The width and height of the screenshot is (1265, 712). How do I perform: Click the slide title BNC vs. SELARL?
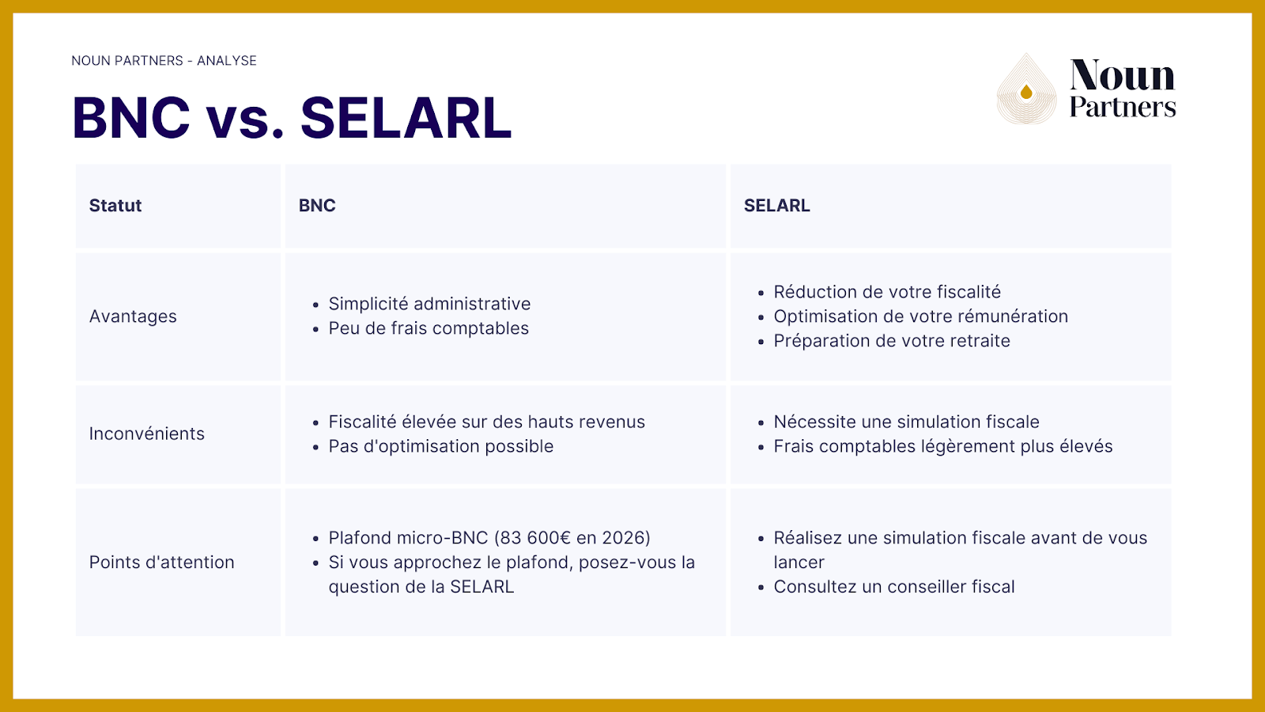pyautogui.click(x=292, y=118)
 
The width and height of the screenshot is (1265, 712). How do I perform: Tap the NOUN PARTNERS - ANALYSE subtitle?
pyautogui.click(x=164, y=61)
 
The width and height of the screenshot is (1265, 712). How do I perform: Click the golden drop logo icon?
pyautogui.click(x=1026, y=91)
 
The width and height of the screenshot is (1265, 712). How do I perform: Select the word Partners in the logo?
pyautogui.click(x=1123, y=108)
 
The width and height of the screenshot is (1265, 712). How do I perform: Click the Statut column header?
pyautogui.click(x=115, y=206)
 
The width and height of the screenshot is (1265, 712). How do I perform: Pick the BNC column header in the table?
pyautogui.click(x=317, y=206)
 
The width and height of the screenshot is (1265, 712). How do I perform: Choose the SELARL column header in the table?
pyautogui.click(x=776, y=206)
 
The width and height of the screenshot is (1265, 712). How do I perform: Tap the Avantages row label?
pyautogui.click(x=133, y=316)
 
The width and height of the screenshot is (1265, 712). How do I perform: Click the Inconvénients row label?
pyautogui.click(x=146, y=434)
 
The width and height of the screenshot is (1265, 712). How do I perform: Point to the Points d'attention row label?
pyautogui.click(x=161, y=562)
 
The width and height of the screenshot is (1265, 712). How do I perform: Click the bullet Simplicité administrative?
pyautogui.click(x=429, y=304)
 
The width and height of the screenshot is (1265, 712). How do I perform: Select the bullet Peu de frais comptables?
pyautogui.click(x=429, y=328)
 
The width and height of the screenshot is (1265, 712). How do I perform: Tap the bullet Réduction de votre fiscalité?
pyautogui.click(x=887, y=292)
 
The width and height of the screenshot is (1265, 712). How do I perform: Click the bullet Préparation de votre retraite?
pyautogui.click(x=892, y=341)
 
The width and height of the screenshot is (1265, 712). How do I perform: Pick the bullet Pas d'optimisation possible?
pyautogui.click(x=441, y=446)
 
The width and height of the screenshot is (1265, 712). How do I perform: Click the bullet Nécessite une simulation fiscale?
pyautogui.click(x=906, y=422)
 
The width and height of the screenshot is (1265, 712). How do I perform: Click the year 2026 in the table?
pyautogui.click(x=623, y=538)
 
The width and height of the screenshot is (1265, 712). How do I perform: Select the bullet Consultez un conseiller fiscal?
pyautogui.click(x=894, y=587)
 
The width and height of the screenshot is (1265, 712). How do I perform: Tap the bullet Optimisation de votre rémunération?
pyautogui.click(x=920, y=316)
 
